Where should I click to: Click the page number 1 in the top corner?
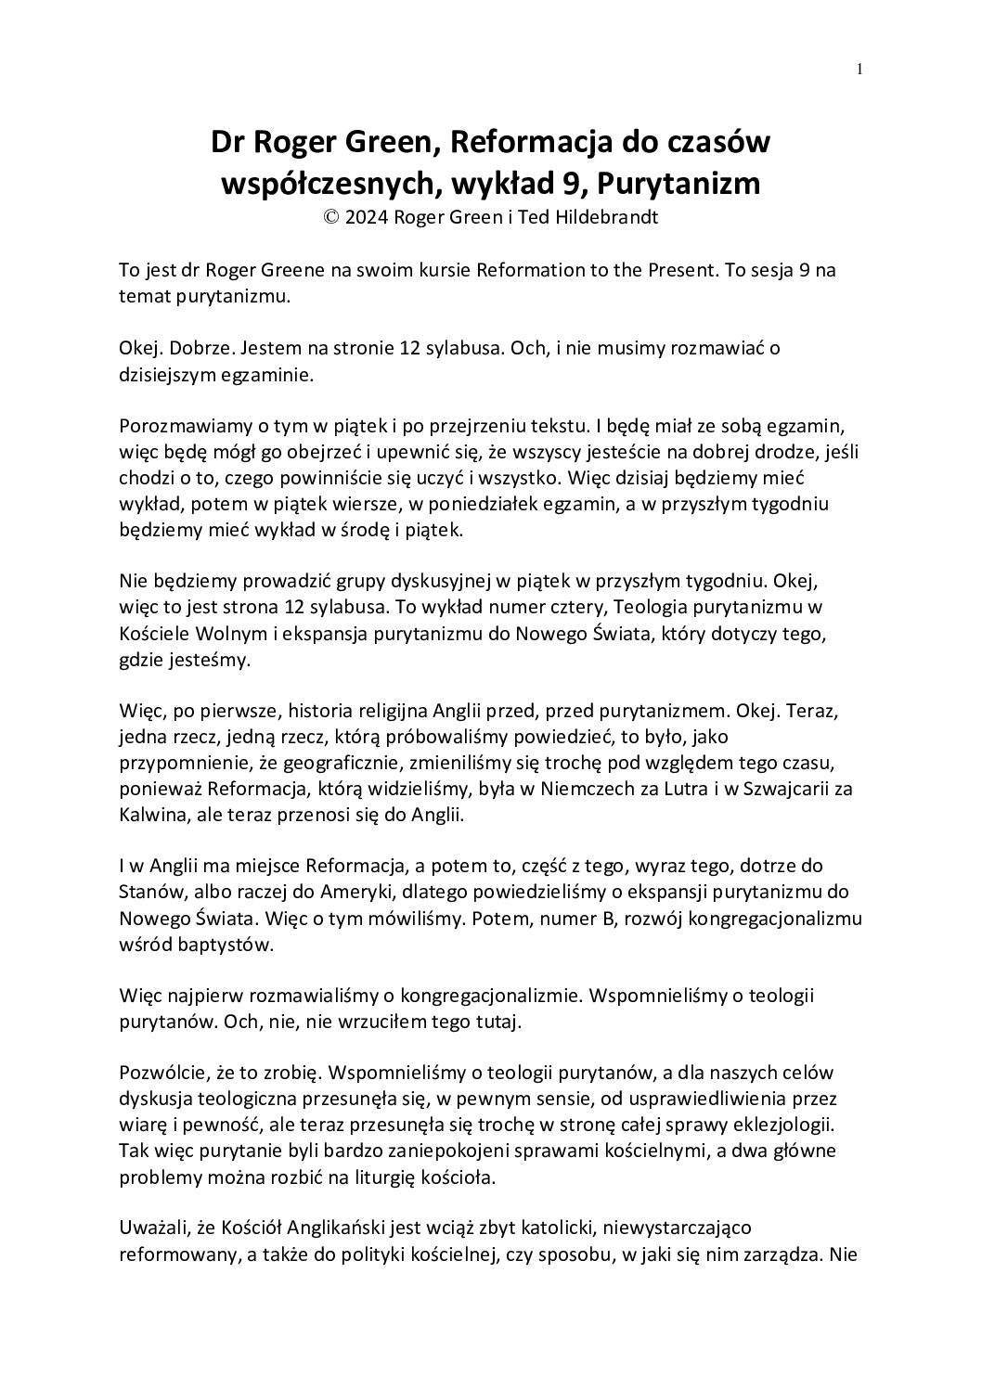click(860, 69)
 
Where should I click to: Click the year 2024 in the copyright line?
click(368, 218)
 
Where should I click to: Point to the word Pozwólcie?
click(167, 1074)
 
